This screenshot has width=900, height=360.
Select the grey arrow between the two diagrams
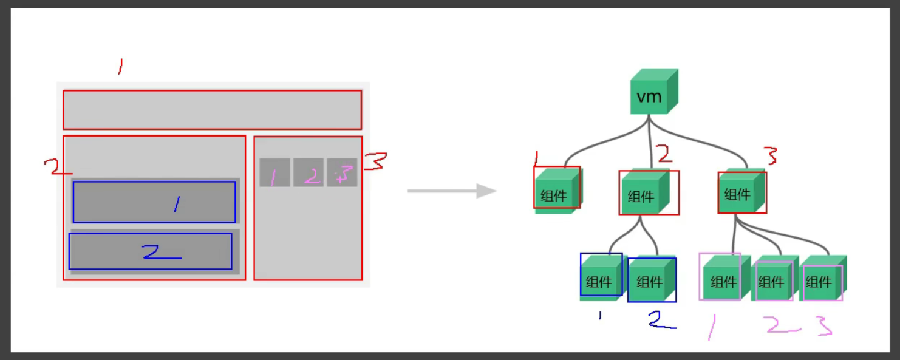pos(452,191)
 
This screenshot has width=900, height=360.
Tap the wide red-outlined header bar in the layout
pos(212,110)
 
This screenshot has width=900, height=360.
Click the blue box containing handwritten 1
pos(154,202)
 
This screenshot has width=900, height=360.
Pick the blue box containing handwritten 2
pos(150,251)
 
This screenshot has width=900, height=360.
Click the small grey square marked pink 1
pos(274,172)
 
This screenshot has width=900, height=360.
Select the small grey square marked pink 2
pos(309,172)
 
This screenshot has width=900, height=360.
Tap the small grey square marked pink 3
pos(342,172)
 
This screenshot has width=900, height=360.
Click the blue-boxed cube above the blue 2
pos(652,279)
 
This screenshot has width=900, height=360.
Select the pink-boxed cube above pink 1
pos(721,278)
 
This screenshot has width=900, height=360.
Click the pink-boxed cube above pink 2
pos(772,280)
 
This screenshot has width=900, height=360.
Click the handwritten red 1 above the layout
pos(120,66)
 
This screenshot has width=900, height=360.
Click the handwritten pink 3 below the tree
pos(823,326)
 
